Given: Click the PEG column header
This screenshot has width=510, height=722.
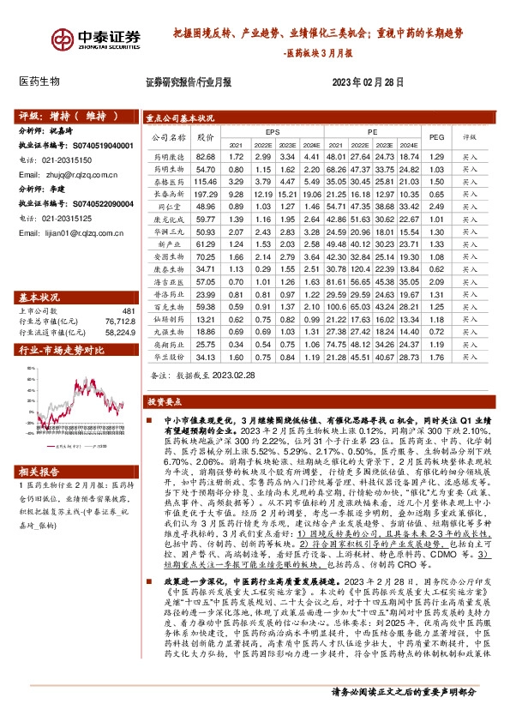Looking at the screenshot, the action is [436, 136].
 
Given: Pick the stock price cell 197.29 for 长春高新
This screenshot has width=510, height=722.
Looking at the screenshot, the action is [205, 196].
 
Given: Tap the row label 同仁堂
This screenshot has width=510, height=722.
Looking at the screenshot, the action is [163, 207].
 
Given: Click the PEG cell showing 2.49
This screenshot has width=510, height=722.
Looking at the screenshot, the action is [436, 207].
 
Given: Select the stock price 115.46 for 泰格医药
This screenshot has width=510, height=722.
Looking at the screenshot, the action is [205, 183].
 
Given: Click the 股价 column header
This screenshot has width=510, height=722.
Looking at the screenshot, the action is [205, 136].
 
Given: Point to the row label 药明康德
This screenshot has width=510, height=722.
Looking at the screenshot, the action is [163, 158].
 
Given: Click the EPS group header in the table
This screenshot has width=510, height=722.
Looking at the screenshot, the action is [273, 132].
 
